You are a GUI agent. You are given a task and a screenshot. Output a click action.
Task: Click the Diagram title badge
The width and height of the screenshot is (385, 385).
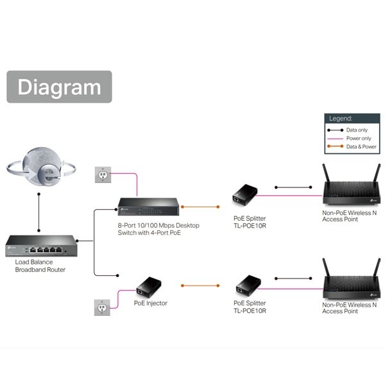point(59,87)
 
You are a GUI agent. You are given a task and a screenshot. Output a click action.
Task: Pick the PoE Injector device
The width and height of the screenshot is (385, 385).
point(150,285)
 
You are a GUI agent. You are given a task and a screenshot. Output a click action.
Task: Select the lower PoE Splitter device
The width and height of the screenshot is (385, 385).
point(246,284)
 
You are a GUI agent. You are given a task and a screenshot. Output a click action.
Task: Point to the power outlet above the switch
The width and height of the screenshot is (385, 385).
point(103,174)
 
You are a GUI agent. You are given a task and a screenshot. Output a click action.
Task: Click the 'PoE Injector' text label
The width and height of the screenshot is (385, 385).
point(150,303)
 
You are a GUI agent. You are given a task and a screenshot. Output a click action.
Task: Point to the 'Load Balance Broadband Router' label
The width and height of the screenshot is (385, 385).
point(40,266)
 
